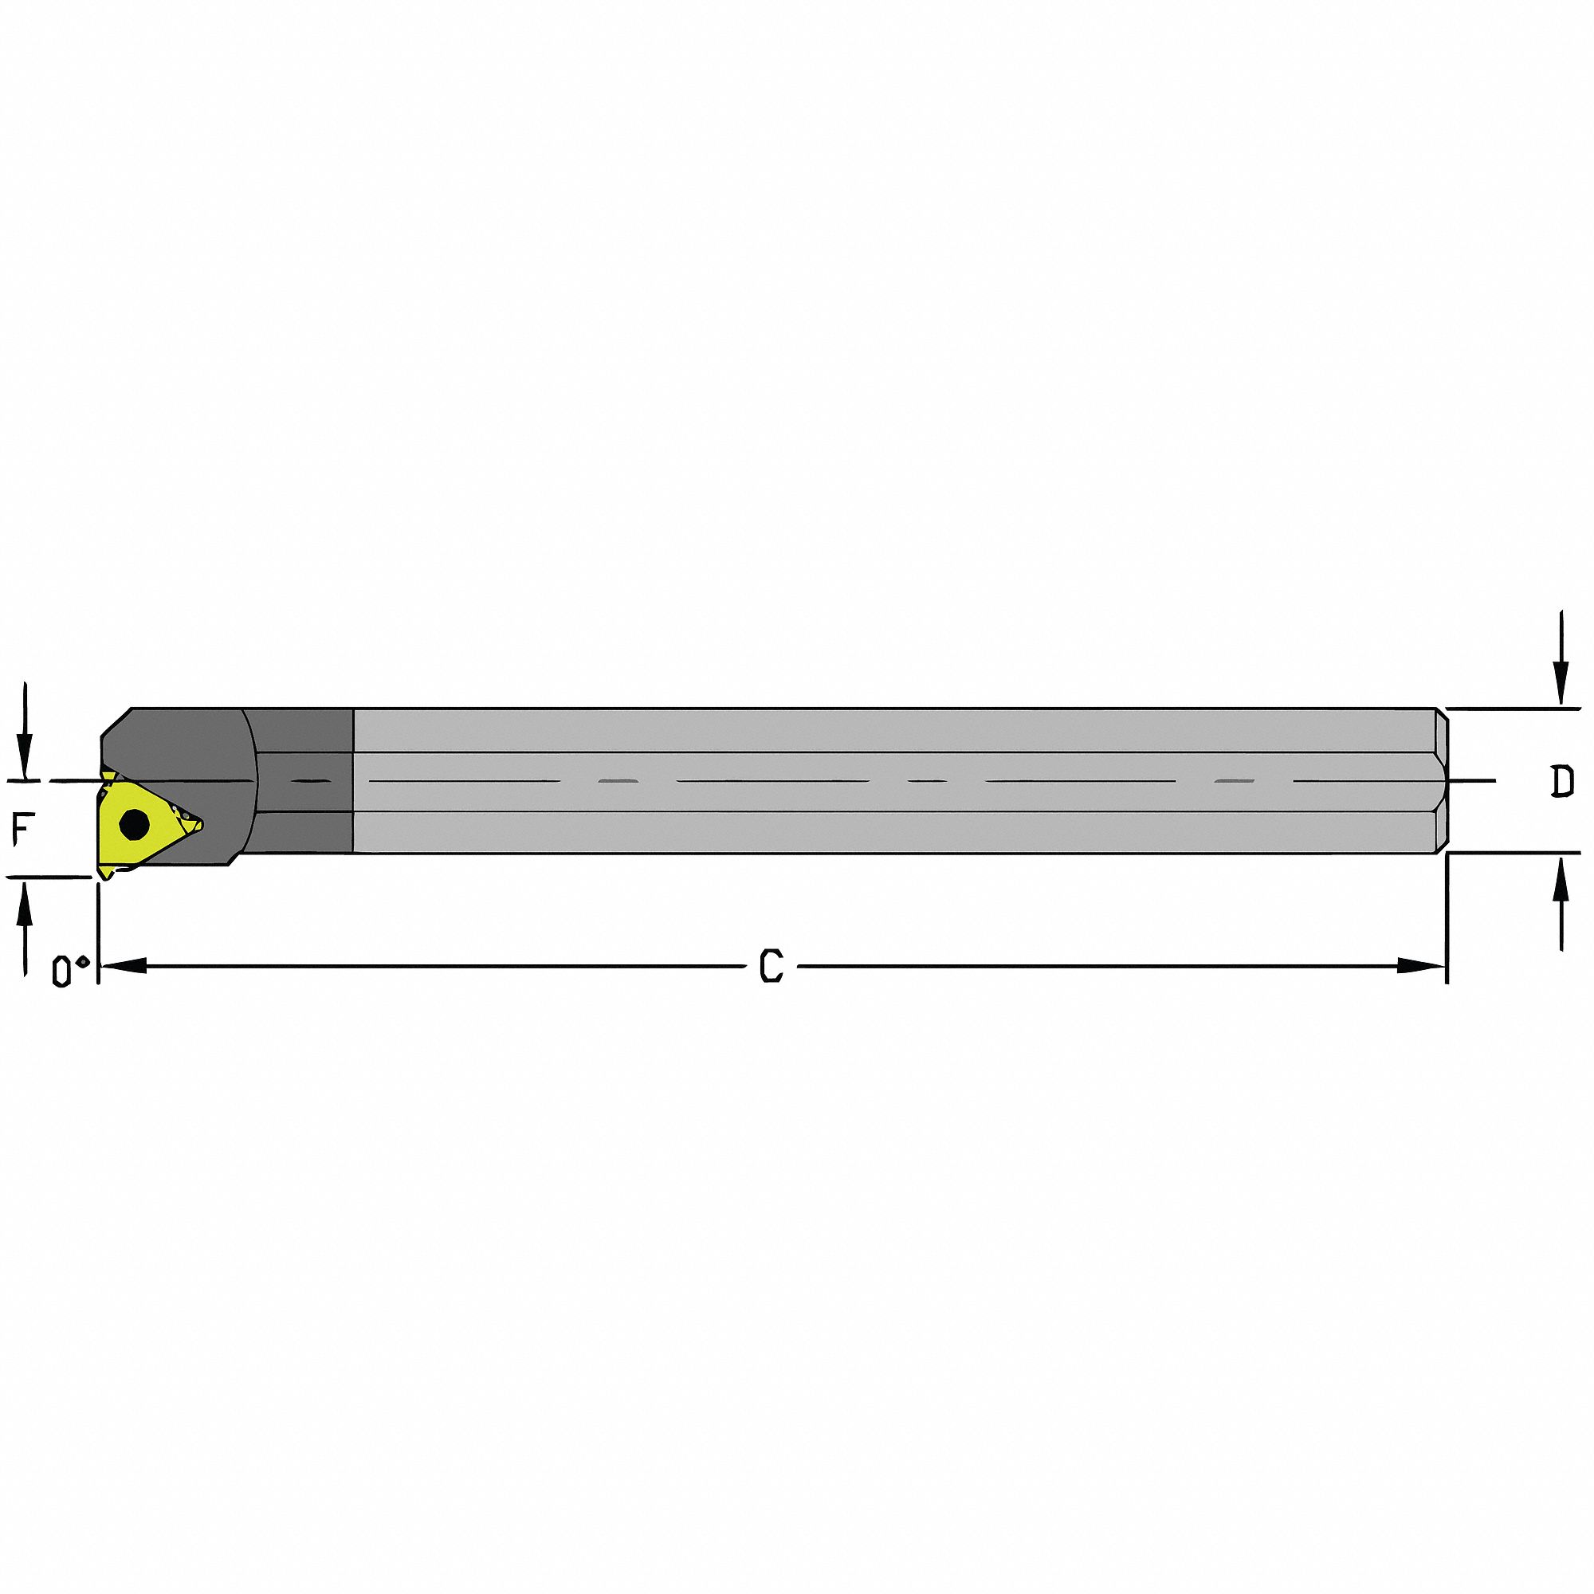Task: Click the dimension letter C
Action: [771, 966]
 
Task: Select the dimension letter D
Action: [1561, 782]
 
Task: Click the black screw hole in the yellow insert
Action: [134, 823]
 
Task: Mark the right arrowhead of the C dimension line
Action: [1423, 965]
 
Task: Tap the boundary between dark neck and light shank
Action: [353, 779]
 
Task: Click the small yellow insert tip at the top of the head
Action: [107, 775]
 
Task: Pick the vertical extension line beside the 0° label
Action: [98, 932]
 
